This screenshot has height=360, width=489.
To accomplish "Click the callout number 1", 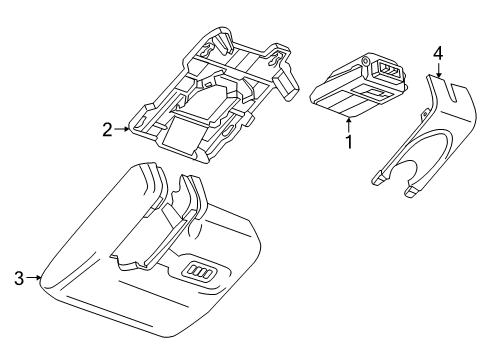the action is [x=349, y=142].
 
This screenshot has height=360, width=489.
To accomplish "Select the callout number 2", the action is [x=107, y=130].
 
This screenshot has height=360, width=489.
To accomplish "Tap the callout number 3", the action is [x=19, y=278].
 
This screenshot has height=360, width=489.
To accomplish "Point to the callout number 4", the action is [x=438, y=53].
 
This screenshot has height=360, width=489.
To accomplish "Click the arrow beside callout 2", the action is [x=122, y=129].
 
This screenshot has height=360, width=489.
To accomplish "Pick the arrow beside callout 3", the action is [x=34, y=277].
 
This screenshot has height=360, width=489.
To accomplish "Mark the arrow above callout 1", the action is [x=349, y=126].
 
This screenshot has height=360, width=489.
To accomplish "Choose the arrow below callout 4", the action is [x=439, y=70].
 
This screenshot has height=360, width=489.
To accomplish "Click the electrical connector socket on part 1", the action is [x=387, y=71].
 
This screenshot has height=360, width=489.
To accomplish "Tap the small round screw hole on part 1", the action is [x=365, y=61].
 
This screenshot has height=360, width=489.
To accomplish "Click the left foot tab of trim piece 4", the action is [x=378, y=178].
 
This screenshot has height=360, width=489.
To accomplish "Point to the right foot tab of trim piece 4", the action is [x=412, y=191].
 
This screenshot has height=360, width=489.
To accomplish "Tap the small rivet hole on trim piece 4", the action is [x=425, y=113].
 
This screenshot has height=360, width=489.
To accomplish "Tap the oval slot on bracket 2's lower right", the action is [x=230, y=131].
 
